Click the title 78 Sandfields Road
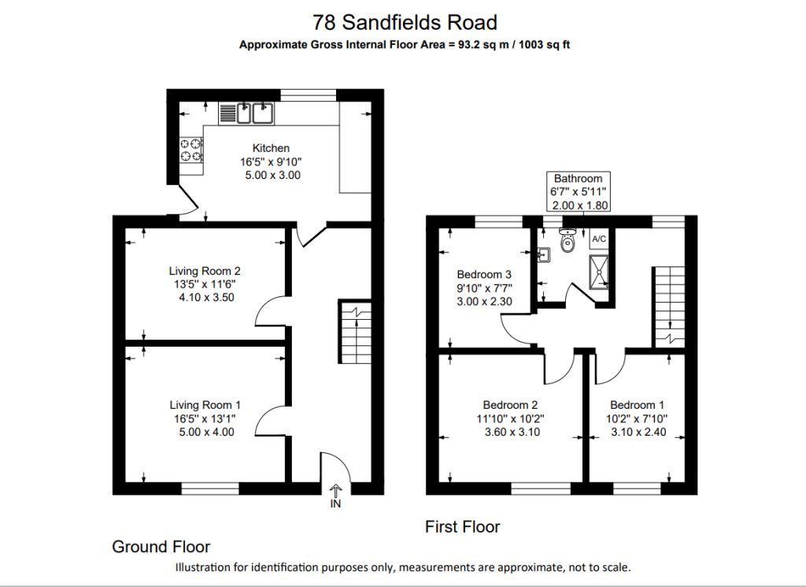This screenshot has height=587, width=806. [x=405, y=22]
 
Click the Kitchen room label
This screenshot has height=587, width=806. [x=271, y=148]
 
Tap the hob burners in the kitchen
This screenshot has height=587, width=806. [x=190, y=150]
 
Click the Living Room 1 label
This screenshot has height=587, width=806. [x=205, y=406]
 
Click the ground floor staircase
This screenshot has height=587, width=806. [x=355, y=332]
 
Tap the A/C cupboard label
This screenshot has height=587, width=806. [x=599, y=240]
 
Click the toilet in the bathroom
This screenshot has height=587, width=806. [x=567, y=240]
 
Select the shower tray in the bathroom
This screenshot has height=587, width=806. [x=599, y=272]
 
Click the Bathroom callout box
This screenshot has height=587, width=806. [x=579, y=192]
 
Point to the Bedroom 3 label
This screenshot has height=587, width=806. [x=484, y=275]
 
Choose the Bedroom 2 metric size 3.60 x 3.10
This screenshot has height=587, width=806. [x=512, y=432]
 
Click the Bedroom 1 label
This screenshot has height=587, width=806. [x=637, y=405]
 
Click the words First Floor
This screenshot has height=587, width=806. [x=463, y=527]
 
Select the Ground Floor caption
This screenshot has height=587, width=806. [x=161, y=546]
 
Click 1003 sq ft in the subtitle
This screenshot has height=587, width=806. [x=545, y=45]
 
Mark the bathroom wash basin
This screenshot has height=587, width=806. [x=544, y=254]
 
